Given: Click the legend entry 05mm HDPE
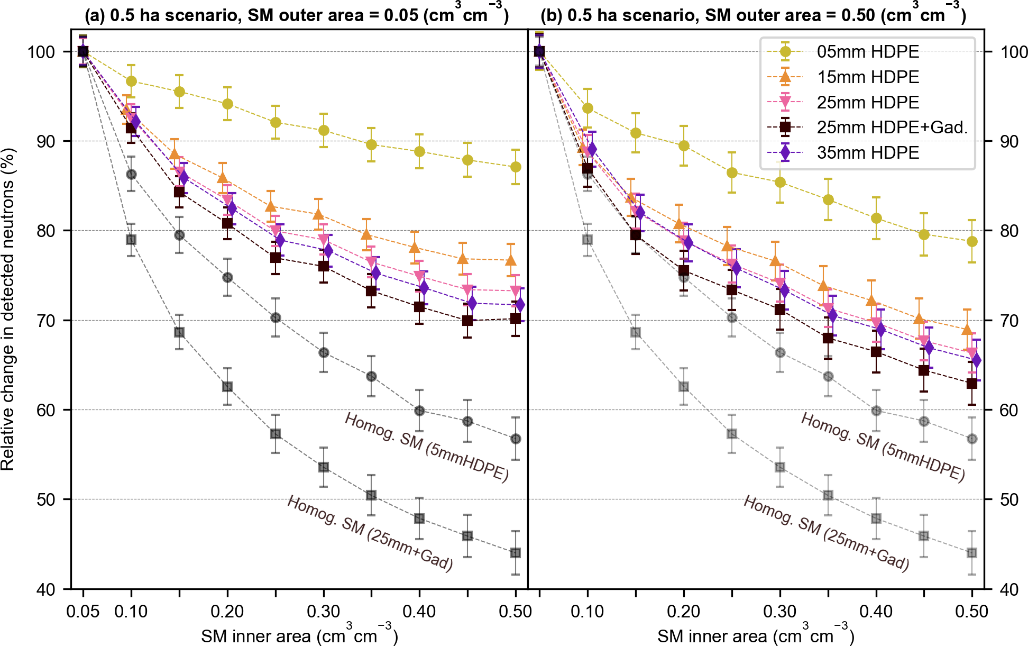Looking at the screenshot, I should pyautogui.click(x=867, y=52).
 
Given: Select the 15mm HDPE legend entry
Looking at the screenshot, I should pyautogui.click(x=867, y=77).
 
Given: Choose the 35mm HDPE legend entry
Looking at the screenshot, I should pyautogui.click(x=867, y=153).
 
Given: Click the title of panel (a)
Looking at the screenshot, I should pyautogui.click(x=297, y=14).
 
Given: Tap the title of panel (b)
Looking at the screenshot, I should pyautogui.click(x=753, y=14).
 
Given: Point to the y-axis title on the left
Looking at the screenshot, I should pyautogui.click(x=8, y=309).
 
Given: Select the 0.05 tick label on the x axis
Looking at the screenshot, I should pyautogui.click(x=83, y=612).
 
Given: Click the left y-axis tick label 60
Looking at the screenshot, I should pyautogui.click(x=45, y=411).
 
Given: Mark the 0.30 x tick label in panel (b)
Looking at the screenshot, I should pyautogui.click(x=780, y=612).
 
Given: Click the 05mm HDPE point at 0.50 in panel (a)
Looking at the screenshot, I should pyautogui.click(x=516, y=167).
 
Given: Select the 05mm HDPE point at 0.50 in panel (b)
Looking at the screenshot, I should pyautogui.click(x=972, y=242).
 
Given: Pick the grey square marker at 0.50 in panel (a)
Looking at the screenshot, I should pyautogui.click(x=516, y=553).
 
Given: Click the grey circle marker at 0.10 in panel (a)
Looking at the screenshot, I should pyautogui.click(x=131, y=175).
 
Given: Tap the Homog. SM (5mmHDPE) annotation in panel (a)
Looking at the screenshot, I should pyautogui.click(x=426, y=448).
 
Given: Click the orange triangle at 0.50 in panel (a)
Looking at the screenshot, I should pyautogui.click(x=511, y=260).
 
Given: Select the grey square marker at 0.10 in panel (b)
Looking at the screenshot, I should pyautogui.click(x=588, y=240).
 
